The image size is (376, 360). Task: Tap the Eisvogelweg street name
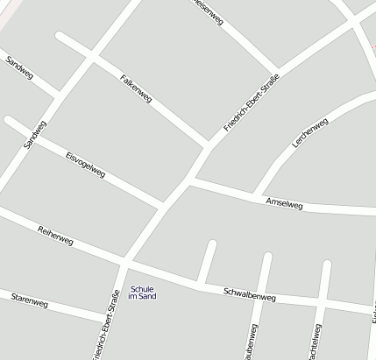85,163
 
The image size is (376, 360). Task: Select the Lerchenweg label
309,132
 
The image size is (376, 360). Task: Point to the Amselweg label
284,204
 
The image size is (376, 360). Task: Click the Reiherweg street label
56,235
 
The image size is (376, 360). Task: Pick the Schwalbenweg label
250,296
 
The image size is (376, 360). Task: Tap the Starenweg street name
30,302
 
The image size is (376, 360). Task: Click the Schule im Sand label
142,293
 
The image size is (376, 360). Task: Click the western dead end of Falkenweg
60,37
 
